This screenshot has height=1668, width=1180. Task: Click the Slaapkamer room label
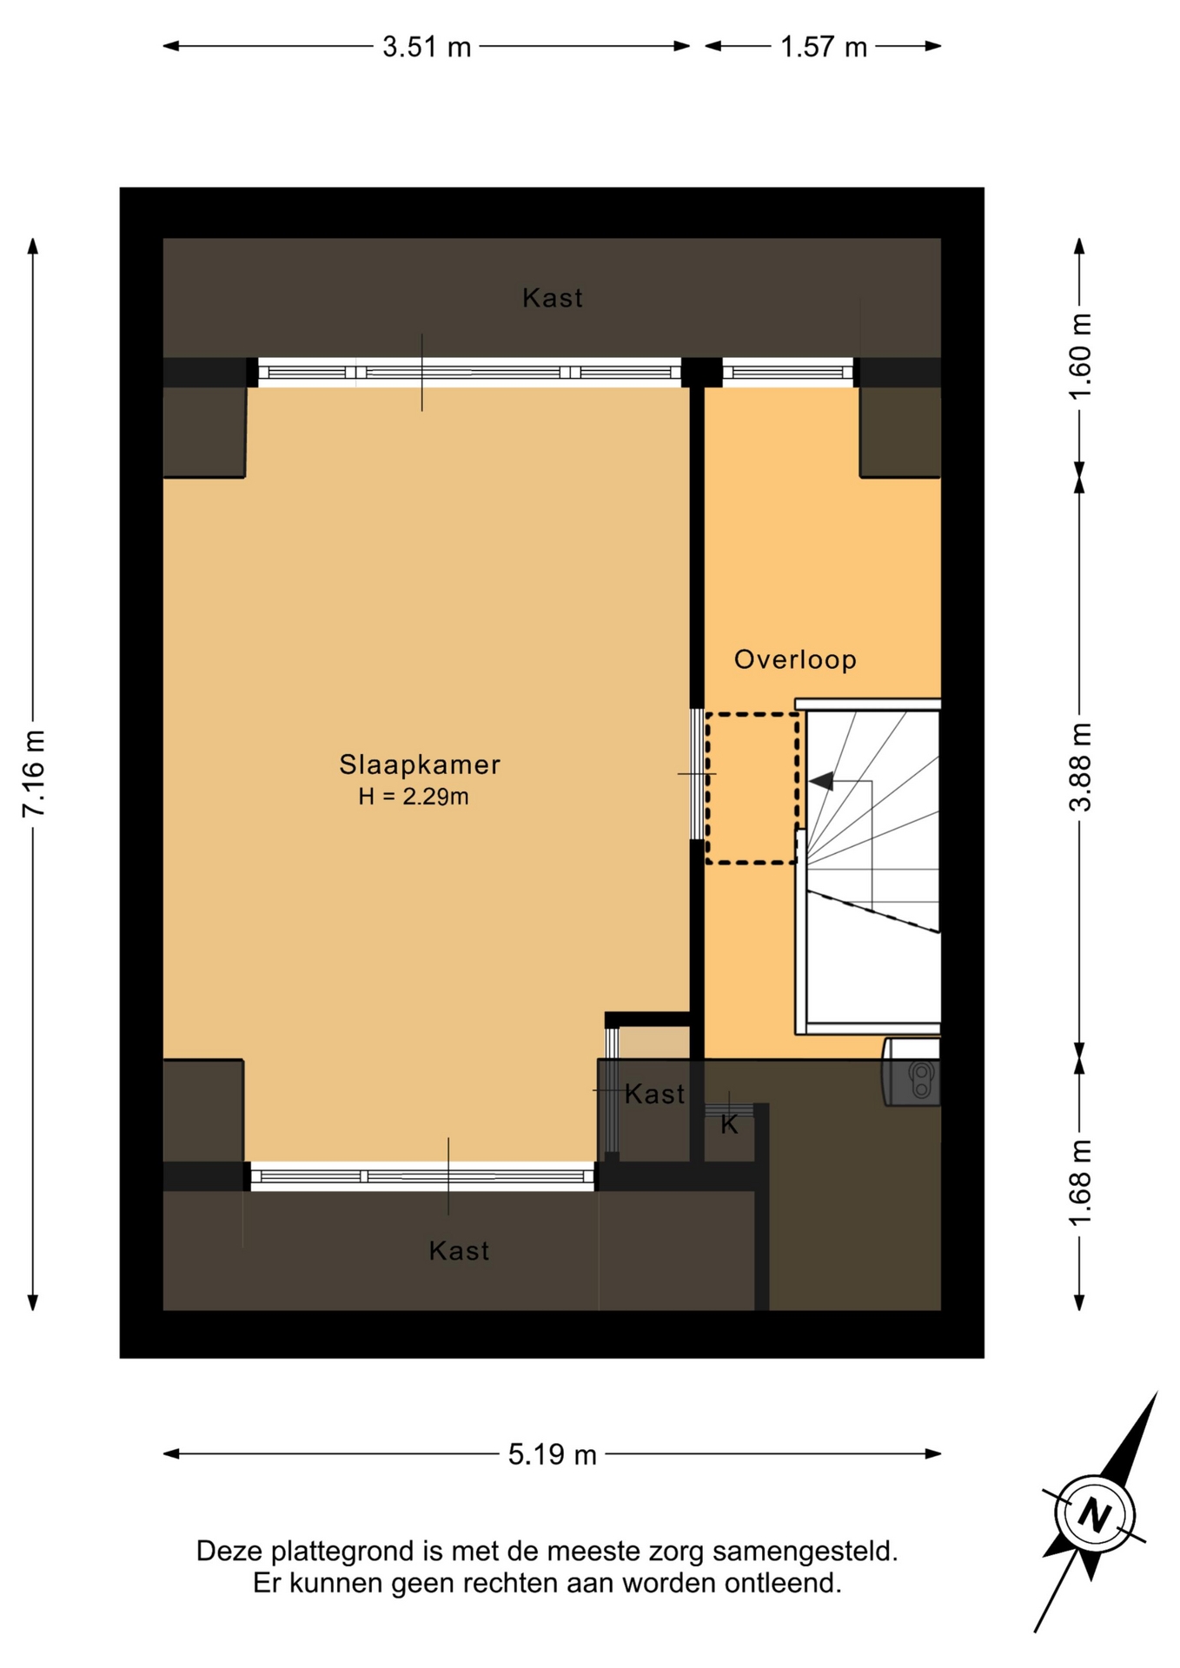coord(420,764)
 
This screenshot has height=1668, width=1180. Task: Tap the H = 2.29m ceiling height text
coord(414,796)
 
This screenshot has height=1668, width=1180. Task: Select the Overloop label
coord(795,659)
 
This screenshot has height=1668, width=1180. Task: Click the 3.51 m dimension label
coord(427,46)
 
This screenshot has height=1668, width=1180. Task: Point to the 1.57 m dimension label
coord(824,46)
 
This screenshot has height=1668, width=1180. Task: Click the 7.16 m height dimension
coord(34,773)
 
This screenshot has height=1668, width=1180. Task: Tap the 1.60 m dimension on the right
coord(1079,355)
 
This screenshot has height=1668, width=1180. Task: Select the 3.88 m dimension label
coord(1079,767)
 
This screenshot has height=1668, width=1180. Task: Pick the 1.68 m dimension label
coord(1079,1183)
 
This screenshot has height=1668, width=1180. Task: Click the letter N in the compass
coord(1094,1515)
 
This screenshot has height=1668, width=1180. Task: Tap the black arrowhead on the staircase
coord(821,781)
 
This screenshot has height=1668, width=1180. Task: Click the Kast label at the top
coord(553,298)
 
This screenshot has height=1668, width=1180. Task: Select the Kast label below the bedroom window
coord(460,1250)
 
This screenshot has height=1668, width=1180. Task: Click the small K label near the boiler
coord(729,1124)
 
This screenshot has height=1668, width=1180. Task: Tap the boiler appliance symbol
coord(912,1072)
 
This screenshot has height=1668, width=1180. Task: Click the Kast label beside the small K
coord(655,1094)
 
